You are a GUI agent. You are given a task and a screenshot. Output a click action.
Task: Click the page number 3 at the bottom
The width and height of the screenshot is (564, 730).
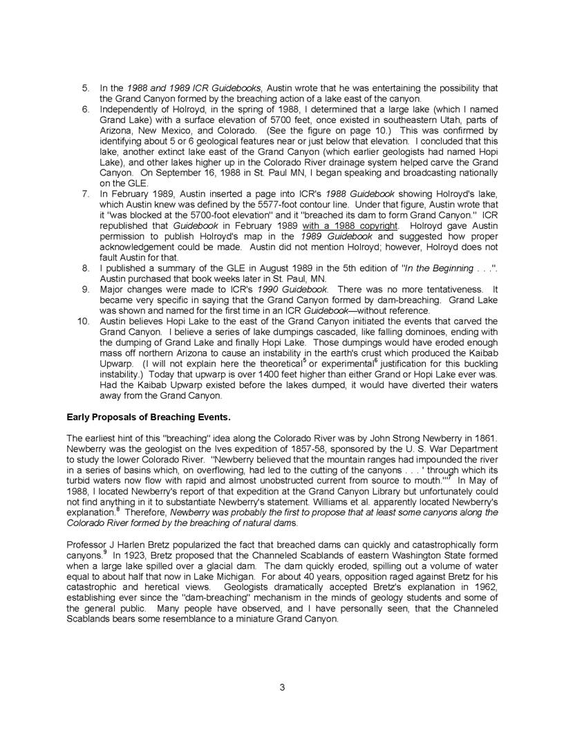click(282, 686)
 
